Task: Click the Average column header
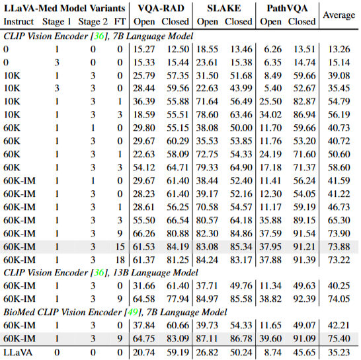[x=339, y=15]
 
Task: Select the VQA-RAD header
[x=161, y=9]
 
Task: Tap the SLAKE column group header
[x=223, y=9]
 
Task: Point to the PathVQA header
[x=287, y=9]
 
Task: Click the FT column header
[x=120, y=22]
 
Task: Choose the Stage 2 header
[x=93, y=22]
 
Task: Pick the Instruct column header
[x=19, y=22]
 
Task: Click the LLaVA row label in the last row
[x=18, y=352]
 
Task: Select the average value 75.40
[x=339, y=338]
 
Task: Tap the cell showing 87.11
[x=207, y=338]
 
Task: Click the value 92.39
[x=304, y=299]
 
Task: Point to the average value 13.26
[x=339, y=50]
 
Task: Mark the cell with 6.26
[x=272, y=50]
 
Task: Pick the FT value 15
[x=120, y=246]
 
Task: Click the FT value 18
[x=120, y=260]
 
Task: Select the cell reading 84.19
[x=178, y=246]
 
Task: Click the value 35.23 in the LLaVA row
[x=339, y=352]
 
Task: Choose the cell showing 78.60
[x=207, y=114]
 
